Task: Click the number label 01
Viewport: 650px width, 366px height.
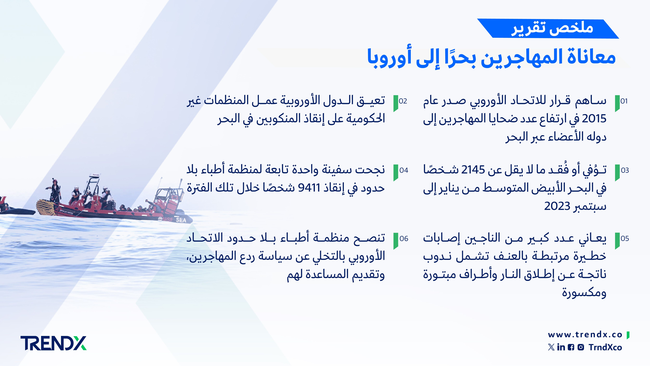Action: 624,101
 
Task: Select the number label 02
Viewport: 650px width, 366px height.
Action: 403,101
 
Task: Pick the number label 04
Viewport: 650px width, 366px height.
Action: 404,170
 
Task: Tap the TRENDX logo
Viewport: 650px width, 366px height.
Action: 53,343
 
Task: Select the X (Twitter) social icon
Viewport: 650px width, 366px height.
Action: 551,347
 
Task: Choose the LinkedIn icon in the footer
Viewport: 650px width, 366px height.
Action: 561,347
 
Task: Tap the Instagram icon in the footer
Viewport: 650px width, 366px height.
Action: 581,347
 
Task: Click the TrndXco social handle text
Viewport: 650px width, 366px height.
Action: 605,347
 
